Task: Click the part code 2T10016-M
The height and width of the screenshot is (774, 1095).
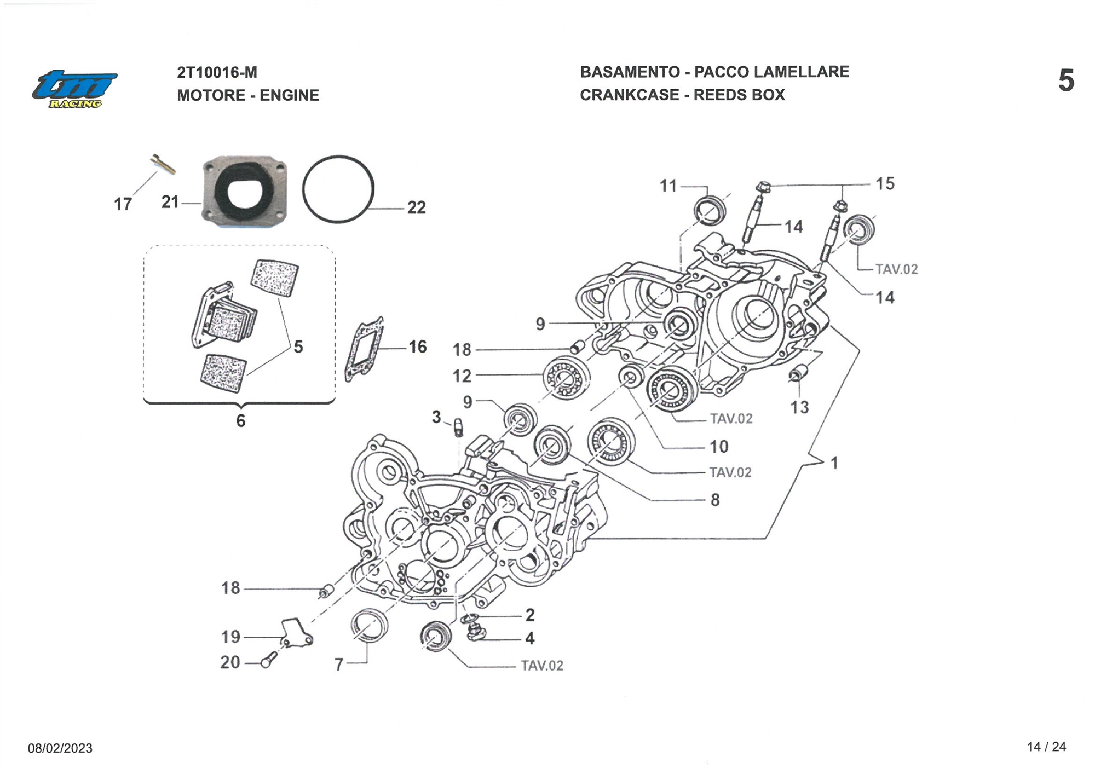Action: pyautogui.click(x=217, y=72)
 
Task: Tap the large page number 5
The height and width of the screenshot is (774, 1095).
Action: pyautogui.click(x=1065, y=81)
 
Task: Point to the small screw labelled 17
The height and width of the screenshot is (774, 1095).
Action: pyautogui.click(x=163, y=164)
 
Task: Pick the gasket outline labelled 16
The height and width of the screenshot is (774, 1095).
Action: pyautogui.click(x=364, y=349)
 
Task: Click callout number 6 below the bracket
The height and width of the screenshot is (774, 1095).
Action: pyautogui.click(x=240, y=420)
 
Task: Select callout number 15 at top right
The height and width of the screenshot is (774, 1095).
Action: pyautogui.click(x=885, y=184)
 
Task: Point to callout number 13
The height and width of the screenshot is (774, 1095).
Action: pyautogui.click(x=799, y=407)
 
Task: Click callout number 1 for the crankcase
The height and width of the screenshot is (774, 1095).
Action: pyautogui.click(x=834, y=464)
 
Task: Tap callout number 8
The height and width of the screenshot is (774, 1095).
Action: pyautogui.click(x=715, y=500)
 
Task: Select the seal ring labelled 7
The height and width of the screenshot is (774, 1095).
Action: pyautogui.click(x=368, y=624)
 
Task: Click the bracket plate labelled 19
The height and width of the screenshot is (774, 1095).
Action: pyautogui.click(x=296, y=632)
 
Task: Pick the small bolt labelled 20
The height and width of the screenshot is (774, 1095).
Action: pyautogui.click(x=268, y=660)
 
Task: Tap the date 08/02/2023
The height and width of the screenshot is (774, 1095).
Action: pyautogui.click(x=60, y=748)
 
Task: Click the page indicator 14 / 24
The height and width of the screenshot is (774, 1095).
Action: pyautogui.click(x=1046, y=747)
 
